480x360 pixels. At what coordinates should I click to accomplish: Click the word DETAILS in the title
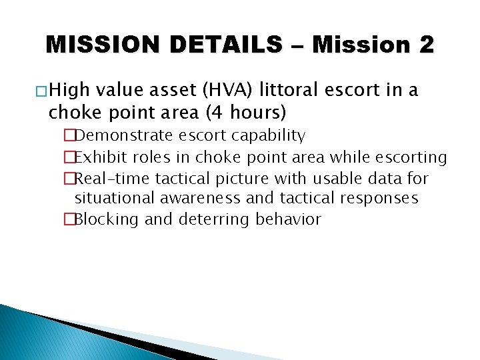coord(226,45)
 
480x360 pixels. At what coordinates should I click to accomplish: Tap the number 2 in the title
coord(426,45)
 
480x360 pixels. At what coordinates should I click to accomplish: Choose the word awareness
coord(200,199)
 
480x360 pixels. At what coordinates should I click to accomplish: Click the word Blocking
coord(107,219)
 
